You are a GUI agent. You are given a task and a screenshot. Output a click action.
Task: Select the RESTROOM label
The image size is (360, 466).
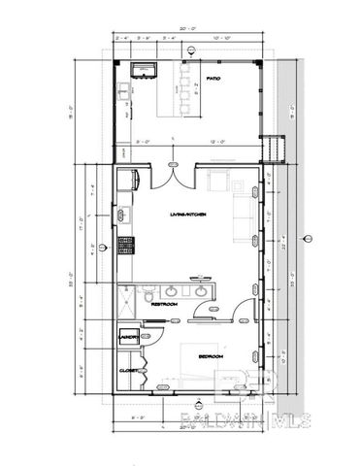click(x=164, y=304)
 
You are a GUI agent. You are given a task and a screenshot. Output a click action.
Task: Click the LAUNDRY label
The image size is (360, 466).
click(x=126, y=336)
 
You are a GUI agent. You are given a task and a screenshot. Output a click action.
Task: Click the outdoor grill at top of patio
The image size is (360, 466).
click(x=146, y=69)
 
